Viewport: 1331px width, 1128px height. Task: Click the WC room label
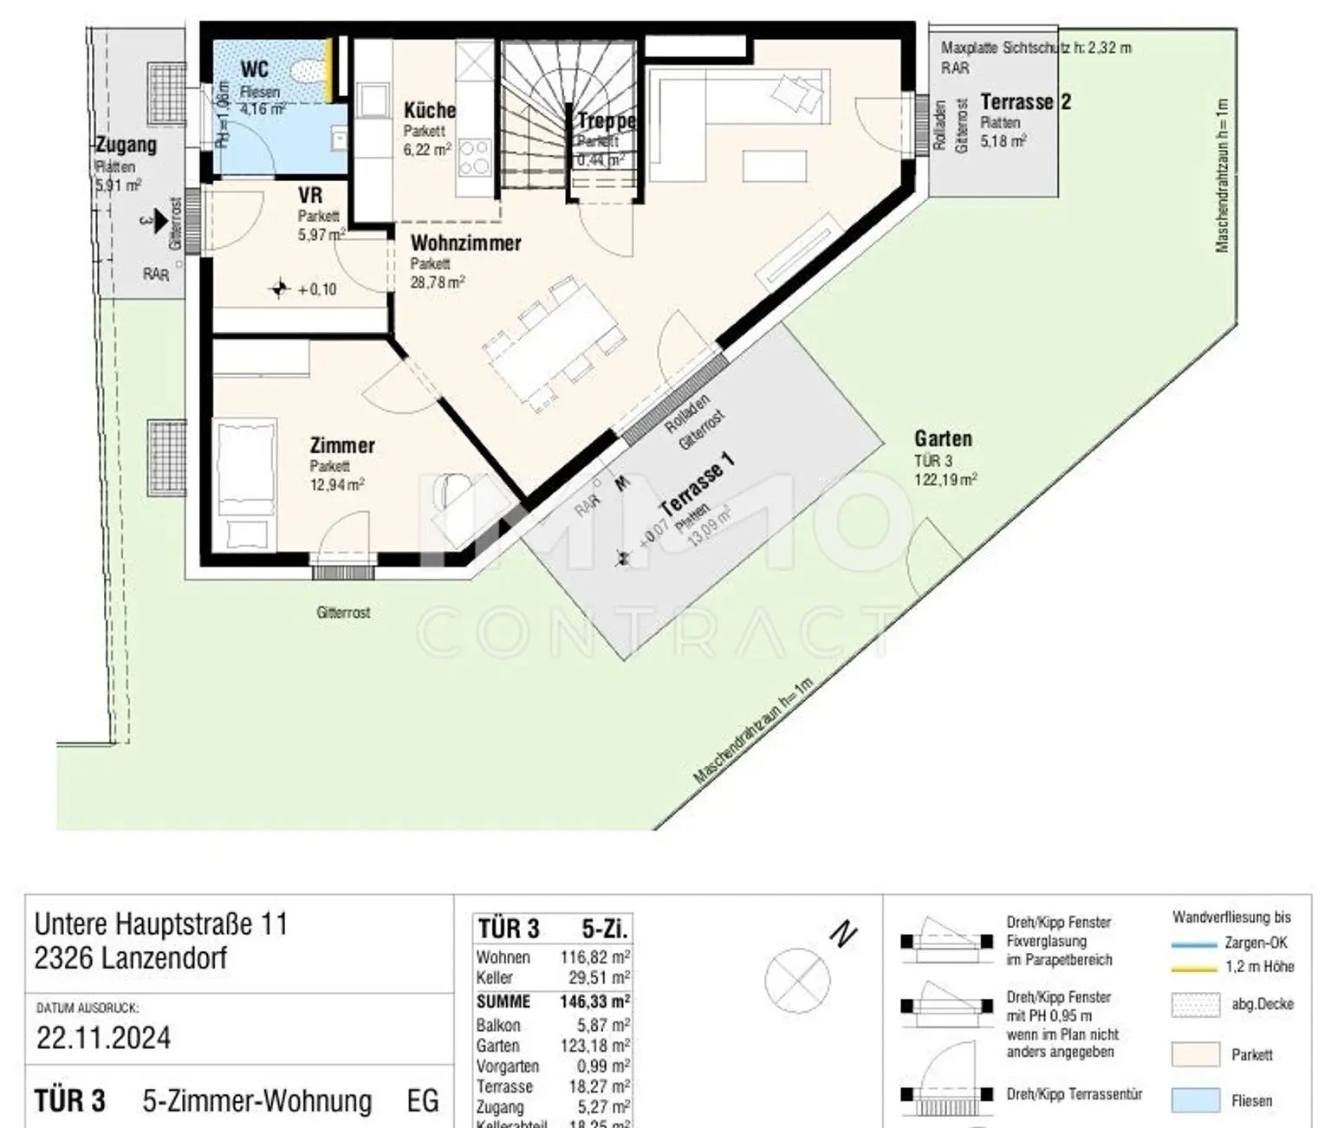[254, 68]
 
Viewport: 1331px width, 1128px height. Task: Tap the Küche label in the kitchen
[430, 110]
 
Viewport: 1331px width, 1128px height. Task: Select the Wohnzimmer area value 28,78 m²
[438, 282]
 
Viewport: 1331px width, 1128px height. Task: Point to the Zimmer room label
[342, 445]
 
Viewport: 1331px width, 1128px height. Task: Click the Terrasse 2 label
[1025, 102]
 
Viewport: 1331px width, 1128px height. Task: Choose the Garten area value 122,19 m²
[945, 479]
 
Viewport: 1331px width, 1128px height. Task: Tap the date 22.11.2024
[103, 1038]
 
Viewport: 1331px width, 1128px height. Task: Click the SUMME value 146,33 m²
[595, 1002]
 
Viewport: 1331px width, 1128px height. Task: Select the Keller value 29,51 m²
[595, 978]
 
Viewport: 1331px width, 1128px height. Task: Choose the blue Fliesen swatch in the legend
[1195, 1100]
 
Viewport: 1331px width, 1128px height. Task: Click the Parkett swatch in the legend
[1195, 1054]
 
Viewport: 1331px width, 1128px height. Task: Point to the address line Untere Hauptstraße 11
[161, 924]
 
